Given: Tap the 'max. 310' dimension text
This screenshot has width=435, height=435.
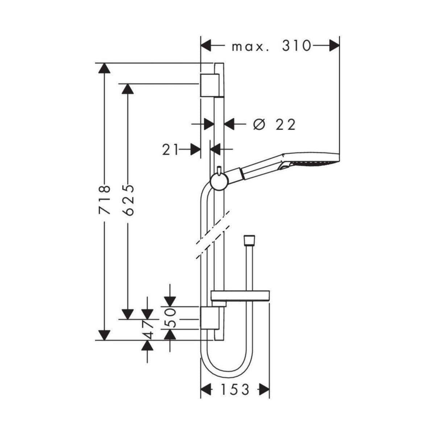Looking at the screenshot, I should click(272, 46).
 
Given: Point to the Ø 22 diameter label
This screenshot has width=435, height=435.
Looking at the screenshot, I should click(274, 124).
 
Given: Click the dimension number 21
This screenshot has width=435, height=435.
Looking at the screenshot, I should click(171, 149).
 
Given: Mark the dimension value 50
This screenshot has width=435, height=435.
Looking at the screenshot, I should click(171, 318).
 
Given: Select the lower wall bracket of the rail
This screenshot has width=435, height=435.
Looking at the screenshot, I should click(210, 318).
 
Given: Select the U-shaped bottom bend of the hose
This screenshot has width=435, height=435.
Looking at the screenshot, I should click(224, 366).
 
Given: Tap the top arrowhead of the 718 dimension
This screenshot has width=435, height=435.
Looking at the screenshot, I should click(104, 69).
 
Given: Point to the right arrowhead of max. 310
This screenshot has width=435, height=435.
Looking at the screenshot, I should click(334, 46).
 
